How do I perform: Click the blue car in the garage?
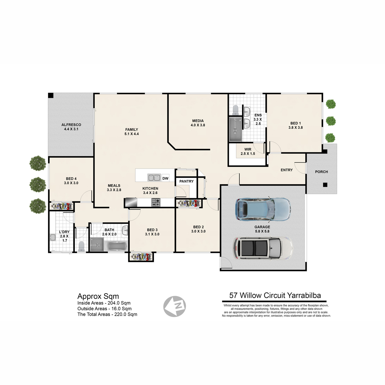[263, 210]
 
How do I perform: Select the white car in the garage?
[263, 248]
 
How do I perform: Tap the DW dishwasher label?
[165, 178]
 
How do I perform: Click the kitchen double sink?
[154, 177]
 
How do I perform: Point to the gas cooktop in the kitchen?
[156, 202]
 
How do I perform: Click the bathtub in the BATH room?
[116, 246]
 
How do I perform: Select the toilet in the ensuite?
[236, 110]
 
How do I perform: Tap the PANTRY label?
[186, 181]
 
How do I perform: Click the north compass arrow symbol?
[175, 306]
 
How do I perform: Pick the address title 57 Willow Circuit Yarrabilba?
[275, 295]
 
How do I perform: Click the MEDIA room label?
[198, 121]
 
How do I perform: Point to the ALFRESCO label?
[71, 125]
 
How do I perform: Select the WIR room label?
[248, 149]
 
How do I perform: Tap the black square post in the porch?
[325, 184]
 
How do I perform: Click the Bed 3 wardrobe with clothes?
[141, 257]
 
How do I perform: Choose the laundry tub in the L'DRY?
[53, 237]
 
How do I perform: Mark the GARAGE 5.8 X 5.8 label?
[262, 229]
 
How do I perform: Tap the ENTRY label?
[287, 170]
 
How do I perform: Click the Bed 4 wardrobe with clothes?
[61, 206]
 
